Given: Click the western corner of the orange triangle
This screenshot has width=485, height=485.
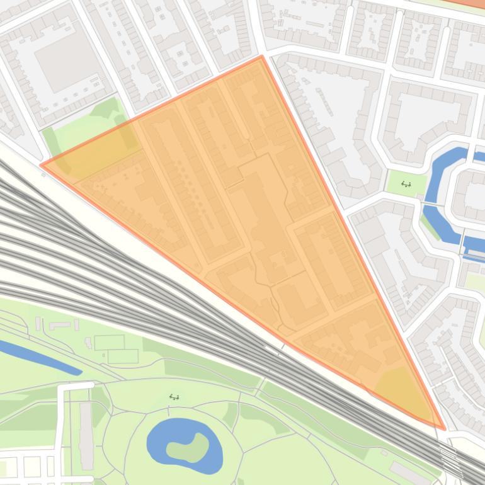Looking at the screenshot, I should [x=42, y=165].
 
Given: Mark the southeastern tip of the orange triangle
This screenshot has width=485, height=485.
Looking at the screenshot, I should [x=444, y=429].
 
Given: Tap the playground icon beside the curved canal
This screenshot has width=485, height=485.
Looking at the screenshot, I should [x=406, y=185].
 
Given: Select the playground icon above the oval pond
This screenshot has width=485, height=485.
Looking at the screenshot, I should [x=174, y=397].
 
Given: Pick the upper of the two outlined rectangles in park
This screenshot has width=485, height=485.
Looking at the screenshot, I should [x=110, y=343].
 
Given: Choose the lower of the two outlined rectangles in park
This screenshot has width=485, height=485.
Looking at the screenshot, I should [x=123, y=357].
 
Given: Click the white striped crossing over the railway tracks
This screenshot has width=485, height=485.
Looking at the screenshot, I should [x=448, y=454].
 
